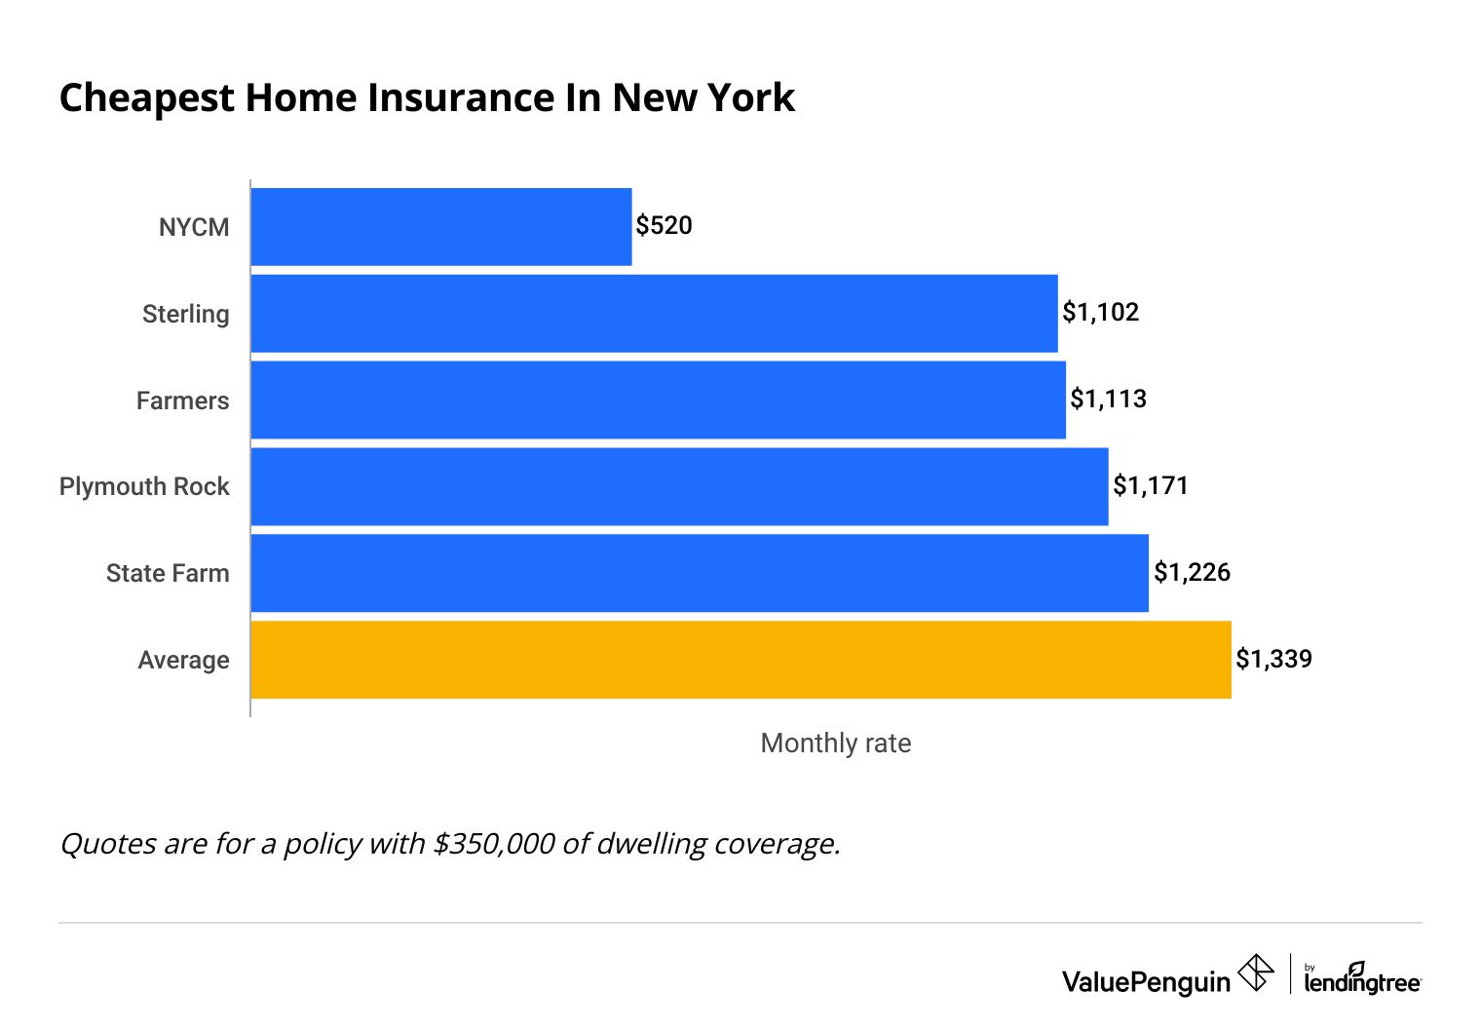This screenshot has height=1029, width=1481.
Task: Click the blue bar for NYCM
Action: click(x=441, y=227)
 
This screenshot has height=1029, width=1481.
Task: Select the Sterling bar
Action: click(x=654, y=314)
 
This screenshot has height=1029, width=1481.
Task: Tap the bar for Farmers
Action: click(x=658, y=400)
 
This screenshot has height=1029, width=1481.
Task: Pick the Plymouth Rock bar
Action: click(x=679, y=486)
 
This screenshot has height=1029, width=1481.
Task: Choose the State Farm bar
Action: click(x=700, y=573)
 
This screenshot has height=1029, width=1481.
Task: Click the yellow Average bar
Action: click(x=740, y=660)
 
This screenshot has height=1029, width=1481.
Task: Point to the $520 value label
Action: click(x=664, y=226)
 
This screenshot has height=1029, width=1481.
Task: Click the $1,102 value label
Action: click(x=1100, y=313)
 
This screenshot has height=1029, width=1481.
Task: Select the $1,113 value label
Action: click(x=1108, y=400)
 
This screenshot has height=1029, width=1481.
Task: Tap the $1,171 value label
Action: click(x=1151, y=485)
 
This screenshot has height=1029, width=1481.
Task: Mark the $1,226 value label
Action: click(x=1192, y=572)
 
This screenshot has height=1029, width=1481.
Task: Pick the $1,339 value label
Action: click(x=1273, y=659)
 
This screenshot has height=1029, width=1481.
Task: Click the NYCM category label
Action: click(x=194, y=227)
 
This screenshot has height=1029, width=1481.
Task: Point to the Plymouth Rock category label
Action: click(x=144, y=486)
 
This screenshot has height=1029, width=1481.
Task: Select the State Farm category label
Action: click(x=168, y=573)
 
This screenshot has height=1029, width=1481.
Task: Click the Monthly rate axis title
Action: click(x=835, y=743)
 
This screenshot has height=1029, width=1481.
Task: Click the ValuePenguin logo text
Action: click(x=1146, y=981)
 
